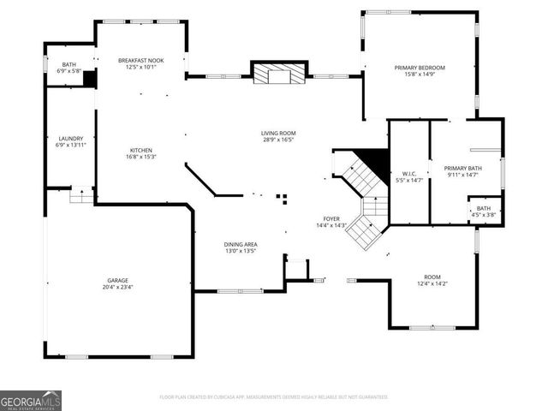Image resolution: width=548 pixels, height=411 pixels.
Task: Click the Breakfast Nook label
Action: point(141,60)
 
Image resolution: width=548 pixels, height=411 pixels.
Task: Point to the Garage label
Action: point(117,280)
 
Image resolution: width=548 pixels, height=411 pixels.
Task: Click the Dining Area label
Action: point(241,245)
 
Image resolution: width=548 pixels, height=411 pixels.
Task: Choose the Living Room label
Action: point(278,133)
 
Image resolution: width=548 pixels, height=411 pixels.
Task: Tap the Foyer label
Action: point(331,219)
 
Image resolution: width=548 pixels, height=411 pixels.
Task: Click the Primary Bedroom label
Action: point(419,67)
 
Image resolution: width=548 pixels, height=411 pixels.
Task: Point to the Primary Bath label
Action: point(462,168)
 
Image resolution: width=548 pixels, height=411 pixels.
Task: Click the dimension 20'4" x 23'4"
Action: point(117,287)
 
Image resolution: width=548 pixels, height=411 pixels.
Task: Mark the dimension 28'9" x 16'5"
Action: point(278,140)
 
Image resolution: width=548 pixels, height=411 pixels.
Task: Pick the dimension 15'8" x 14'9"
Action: point(419,74)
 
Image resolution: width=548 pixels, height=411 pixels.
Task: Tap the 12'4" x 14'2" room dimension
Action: point(432,283)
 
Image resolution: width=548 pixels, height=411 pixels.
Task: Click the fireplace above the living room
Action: point(278,74)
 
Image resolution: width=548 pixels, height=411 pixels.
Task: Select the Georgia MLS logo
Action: point(31,400)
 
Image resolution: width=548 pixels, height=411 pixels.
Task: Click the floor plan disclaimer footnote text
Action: point(273,397)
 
